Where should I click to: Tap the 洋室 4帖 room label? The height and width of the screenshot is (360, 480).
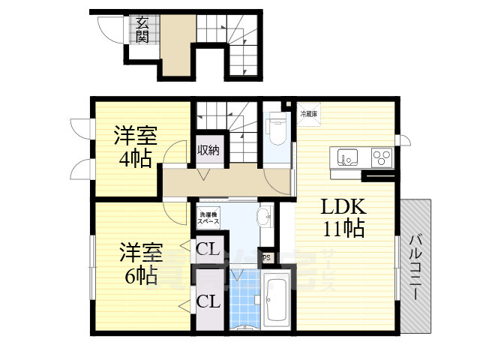tap(134, 148)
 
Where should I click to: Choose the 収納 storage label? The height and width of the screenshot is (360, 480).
tap(208, 150)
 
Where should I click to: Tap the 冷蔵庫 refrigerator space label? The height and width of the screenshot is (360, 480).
tap(309, 114)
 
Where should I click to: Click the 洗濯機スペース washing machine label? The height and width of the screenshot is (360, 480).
tap(208, 219)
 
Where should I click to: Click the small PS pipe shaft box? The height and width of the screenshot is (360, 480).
tap(265, 257)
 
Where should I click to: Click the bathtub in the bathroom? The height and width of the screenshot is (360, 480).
tap(277, 301)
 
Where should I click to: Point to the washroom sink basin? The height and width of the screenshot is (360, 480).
tap(264, 218)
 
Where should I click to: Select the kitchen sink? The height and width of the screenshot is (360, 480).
tap(347, 157)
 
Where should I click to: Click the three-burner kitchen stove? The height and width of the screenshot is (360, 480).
tap(382, 157)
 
